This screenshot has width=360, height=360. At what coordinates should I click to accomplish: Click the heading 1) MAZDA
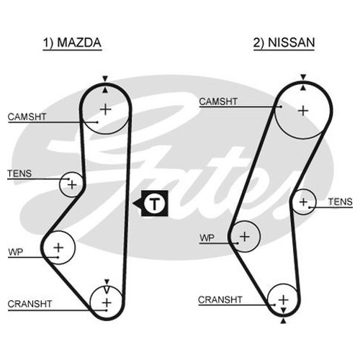[x=72, y=43]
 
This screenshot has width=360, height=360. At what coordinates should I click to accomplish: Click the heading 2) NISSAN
[x=284, y=42]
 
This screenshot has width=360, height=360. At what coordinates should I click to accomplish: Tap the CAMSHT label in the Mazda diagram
[x=27, y=117]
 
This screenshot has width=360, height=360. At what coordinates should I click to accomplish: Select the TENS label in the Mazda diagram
[x=19, y=174]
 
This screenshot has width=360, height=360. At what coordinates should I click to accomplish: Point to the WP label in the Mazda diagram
[x=16, y=252]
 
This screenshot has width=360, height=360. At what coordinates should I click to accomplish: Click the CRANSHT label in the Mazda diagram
[x=30, y=304]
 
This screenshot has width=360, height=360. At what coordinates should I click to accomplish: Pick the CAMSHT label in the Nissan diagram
[x=218, y=102]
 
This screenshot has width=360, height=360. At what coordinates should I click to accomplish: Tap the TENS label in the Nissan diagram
[x=341, y=202]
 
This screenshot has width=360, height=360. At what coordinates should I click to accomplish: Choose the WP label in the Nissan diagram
[x=207, y=238]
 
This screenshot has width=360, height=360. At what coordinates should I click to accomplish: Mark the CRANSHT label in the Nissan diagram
[x=220, y=300]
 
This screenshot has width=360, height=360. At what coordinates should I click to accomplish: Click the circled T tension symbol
[x=155, y=204]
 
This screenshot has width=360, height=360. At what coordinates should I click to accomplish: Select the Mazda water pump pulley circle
[x=75, y=248]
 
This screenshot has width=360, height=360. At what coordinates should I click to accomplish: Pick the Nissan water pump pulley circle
[x=260, y=236]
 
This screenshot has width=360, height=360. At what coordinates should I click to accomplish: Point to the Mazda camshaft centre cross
[x=105, y=109]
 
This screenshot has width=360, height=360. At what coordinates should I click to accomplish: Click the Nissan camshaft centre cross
[x=303, y=111]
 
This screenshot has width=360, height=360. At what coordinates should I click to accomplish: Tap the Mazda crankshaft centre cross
[x=107, y=303]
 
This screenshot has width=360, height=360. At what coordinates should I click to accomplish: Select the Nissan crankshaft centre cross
[x=284, y=300]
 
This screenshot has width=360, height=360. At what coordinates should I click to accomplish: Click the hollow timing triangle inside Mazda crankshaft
[x=107, y=289]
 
